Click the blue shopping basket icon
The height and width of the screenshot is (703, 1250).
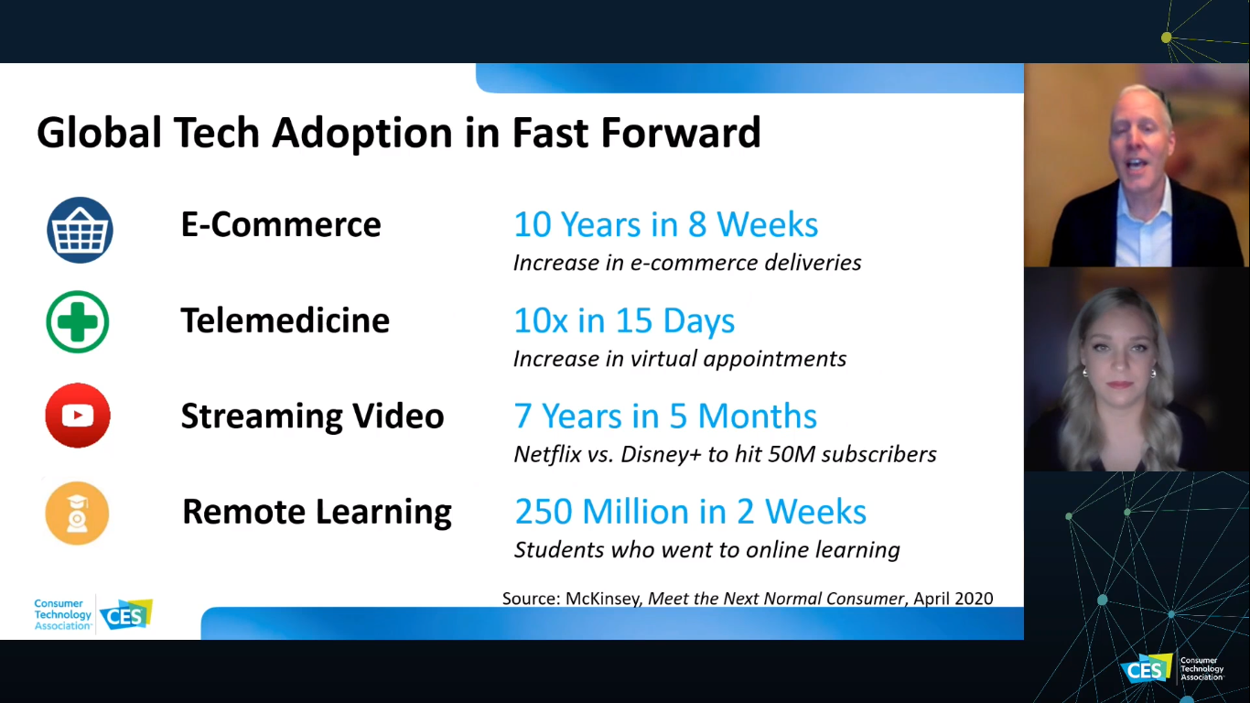point(80,230)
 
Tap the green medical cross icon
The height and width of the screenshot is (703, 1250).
point(78,322)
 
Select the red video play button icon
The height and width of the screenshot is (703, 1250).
point(78,416)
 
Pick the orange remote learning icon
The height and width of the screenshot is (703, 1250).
point(77,514)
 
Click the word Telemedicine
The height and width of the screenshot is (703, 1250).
point(286,320)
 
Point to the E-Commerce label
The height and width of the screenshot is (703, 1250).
point(281,224)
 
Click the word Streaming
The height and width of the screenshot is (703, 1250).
point(262,417)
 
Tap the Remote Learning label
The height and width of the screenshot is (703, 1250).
point(317,512)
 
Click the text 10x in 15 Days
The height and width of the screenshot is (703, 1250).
point(624,321)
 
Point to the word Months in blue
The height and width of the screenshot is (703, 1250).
point(758,416)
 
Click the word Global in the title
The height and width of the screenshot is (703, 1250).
point(100,133)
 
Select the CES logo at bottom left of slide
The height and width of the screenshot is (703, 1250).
point(126,614)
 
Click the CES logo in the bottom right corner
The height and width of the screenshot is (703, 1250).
point(1147,669)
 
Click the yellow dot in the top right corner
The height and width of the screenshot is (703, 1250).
point(1167,38)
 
